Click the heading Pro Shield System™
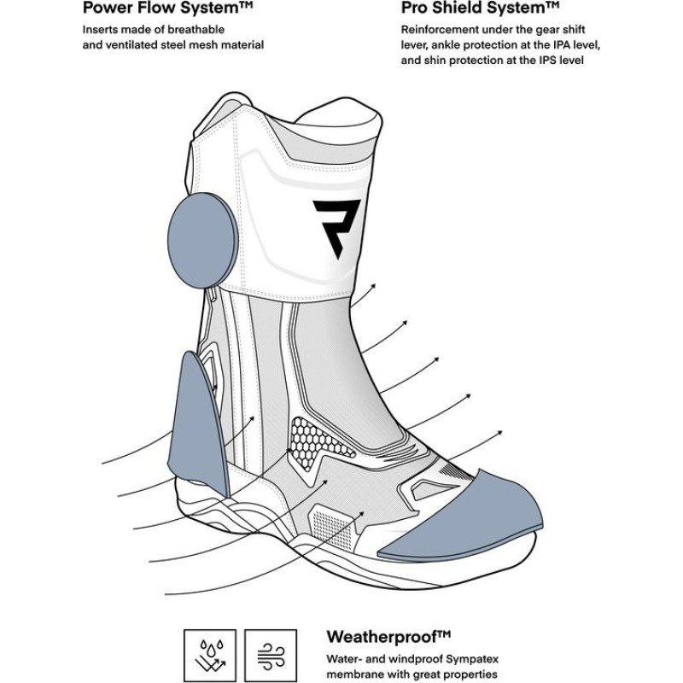481,9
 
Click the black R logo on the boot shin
336,227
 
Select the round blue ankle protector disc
202,231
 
